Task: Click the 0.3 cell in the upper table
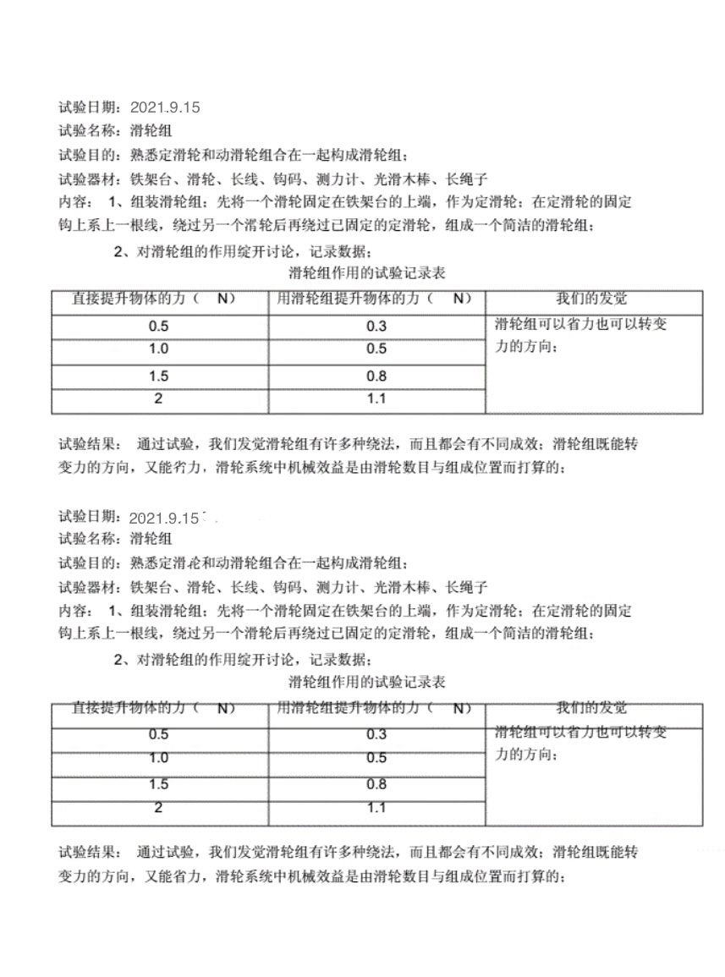tap(376, 327)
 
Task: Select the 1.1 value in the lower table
tap(376, 808)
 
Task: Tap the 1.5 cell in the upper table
tap(158, 376)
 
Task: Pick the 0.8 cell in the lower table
tap(376, 785)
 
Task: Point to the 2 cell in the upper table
tap(158, 399)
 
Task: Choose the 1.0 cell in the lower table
tap(158, 758)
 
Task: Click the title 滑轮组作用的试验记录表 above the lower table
tap(367, 682)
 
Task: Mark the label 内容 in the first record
tap(74, 202)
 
